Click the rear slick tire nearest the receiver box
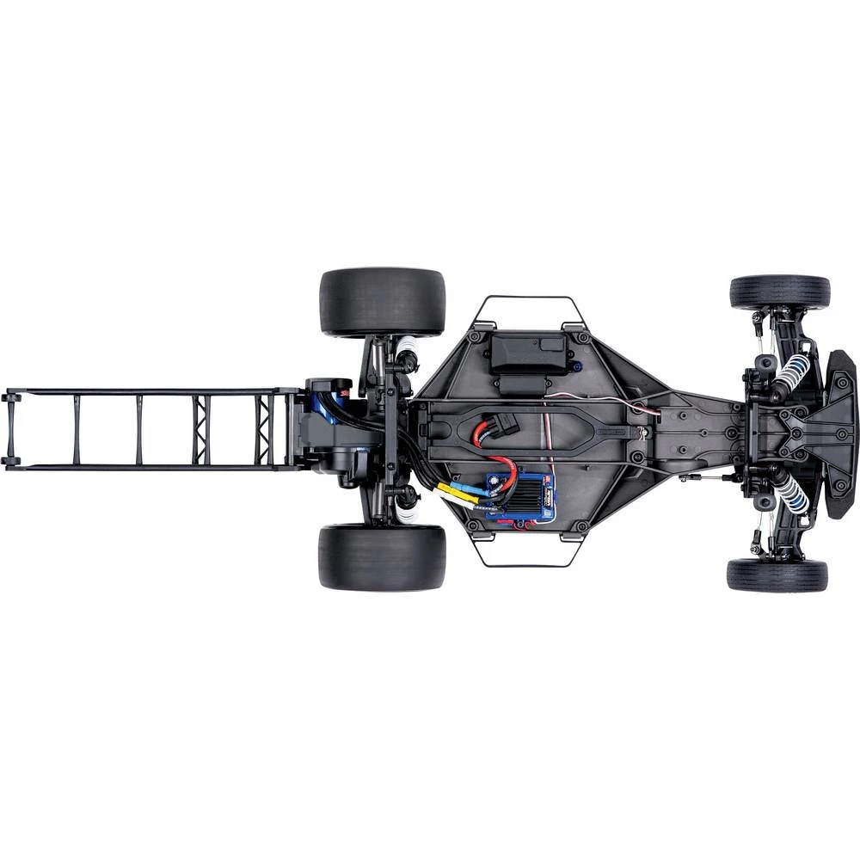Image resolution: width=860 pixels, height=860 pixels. point(382,301)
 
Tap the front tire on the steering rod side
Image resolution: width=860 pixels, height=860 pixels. point(777,574)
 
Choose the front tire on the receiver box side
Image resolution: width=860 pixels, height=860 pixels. point(779,292)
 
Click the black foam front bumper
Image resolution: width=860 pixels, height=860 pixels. point(841,433)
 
